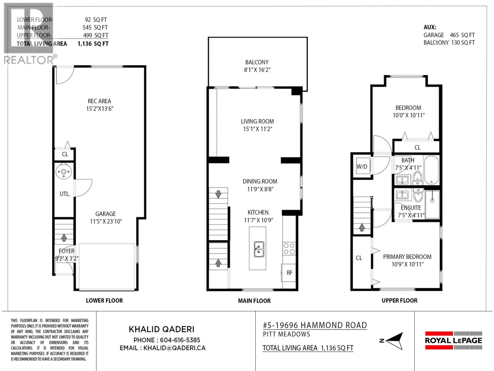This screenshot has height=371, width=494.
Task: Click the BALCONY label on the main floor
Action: point(257,62)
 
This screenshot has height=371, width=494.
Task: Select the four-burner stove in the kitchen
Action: point(289,249)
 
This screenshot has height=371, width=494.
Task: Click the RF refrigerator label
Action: point(289,273)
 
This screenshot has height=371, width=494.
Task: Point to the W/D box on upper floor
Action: point(362,167)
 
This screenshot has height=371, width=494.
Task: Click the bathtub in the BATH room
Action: point(431,170)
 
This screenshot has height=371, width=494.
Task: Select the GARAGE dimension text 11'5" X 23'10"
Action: point(106,221)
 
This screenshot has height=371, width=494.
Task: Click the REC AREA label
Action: point(99,101)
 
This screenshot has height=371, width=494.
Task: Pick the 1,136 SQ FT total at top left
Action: point(93,44)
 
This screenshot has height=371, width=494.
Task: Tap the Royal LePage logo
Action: point(453,340)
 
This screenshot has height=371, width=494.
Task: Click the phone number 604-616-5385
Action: point(180,340)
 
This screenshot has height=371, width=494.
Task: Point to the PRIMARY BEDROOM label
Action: point(407,257)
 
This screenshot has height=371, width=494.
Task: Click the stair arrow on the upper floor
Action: point(362,227)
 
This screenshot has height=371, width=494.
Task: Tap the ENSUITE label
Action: point(411,208)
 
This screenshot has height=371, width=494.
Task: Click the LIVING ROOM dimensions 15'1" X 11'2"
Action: point(257,129)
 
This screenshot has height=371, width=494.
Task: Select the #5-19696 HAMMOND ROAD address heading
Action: point(315,325)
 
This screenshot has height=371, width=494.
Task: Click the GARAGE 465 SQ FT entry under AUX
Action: point(449,35)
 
